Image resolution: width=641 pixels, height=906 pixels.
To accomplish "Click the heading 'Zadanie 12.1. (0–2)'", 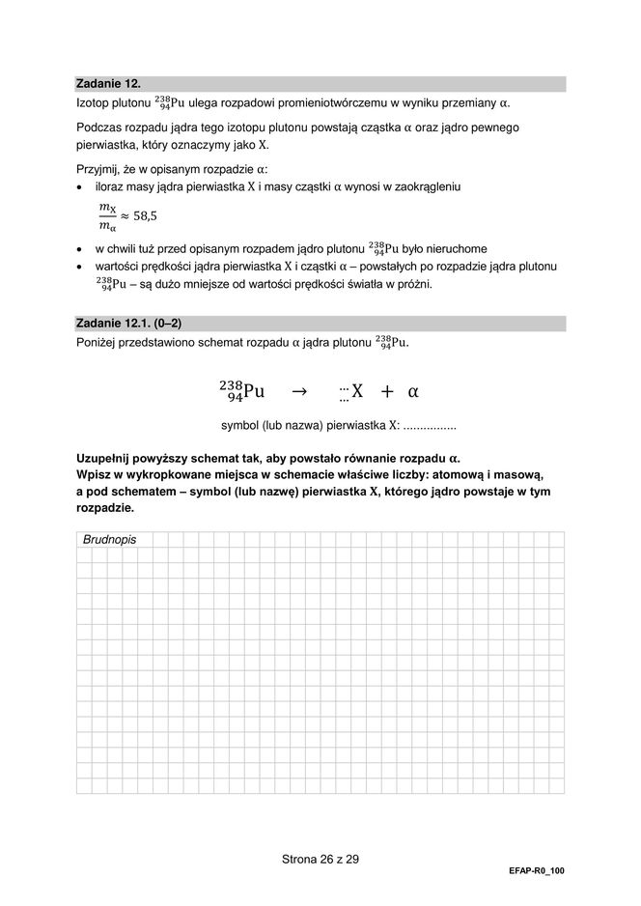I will (x=128, y=323).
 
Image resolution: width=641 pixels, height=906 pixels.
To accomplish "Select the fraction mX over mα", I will (x=107, y=216).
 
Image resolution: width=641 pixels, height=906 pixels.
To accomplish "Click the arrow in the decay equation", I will (x=298, y=391).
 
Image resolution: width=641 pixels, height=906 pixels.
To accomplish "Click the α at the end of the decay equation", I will (x=413, y=392).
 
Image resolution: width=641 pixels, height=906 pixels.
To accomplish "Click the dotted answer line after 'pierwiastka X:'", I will (x=429, y=425).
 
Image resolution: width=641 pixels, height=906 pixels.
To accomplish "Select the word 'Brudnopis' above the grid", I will (x=109, y=540).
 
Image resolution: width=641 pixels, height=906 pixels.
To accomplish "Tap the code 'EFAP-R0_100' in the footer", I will (x=536, y=870).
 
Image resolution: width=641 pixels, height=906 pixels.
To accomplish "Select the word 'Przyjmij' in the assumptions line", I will (x=100, y=169).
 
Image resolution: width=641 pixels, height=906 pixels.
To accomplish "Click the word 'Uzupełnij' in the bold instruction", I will (x=108, y=458).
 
